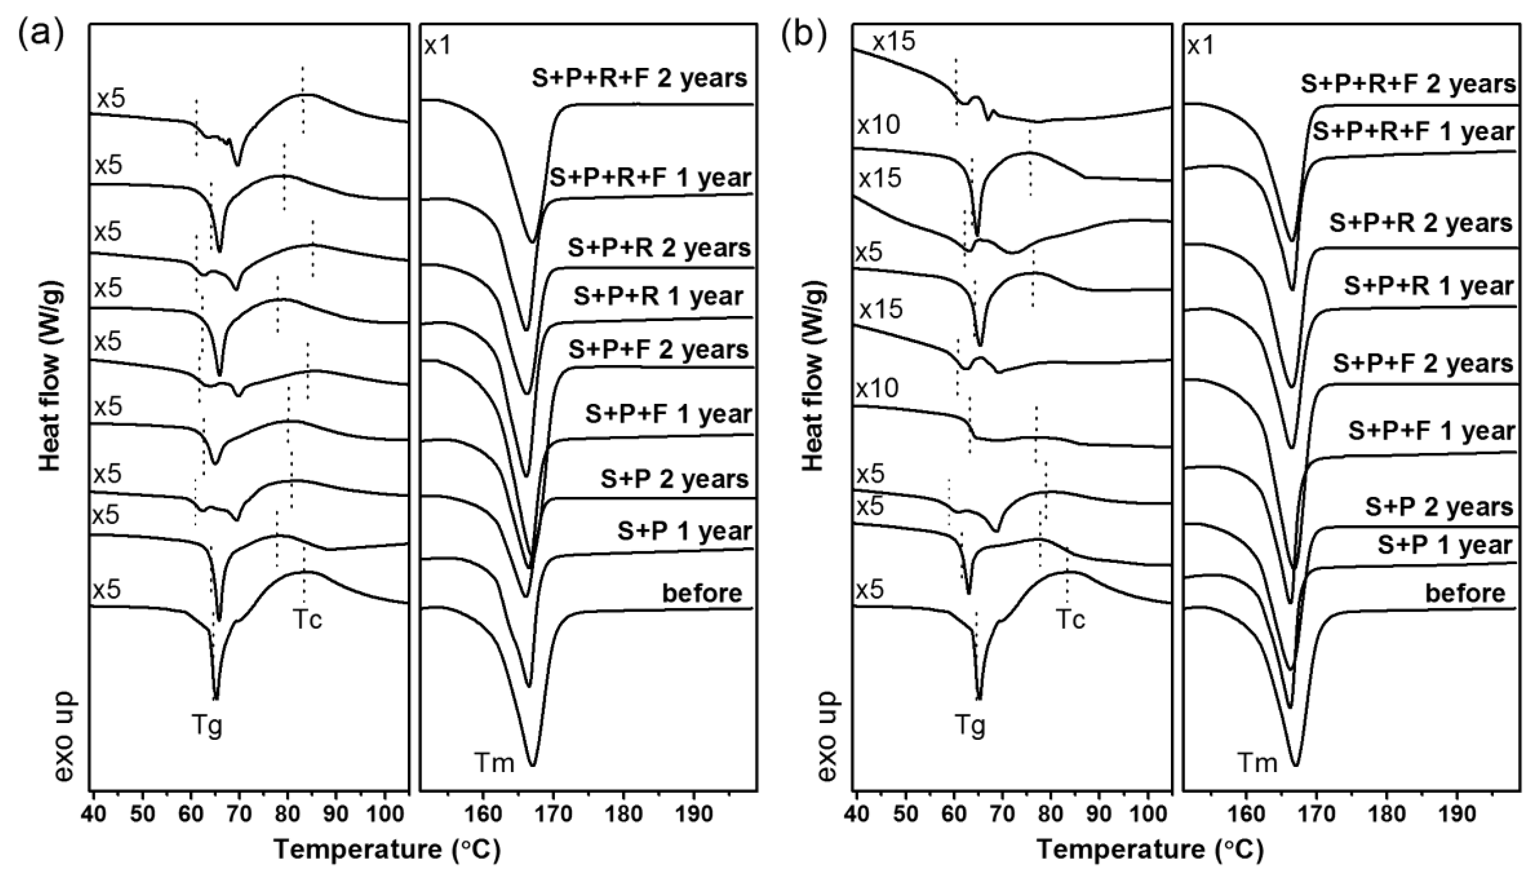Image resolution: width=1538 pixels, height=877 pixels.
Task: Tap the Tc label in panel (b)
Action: pyautogui.click(x=1071, y=619)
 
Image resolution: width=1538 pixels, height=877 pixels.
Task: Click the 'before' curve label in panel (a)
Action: pyautogui.click(x=702, y=593)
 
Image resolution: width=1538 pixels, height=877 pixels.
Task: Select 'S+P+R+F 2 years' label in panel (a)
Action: pyautogui.click(x=640, y=78)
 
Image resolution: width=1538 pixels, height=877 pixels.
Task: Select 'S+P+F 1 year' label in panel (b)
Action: pyautogui.click(x=1431, y=431)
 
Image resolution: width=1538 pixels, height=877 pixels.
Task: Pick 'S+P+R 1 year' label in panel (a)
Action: pyautogui.click(x=658, y=296)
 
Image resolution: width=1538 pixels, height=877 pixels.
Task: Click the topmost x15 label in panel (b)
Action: pyautogui.click(x=894, y=42)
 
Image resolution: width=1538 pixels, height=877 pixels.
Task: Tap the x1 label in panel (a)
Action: pyautogui.click(x=438, y=46)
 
